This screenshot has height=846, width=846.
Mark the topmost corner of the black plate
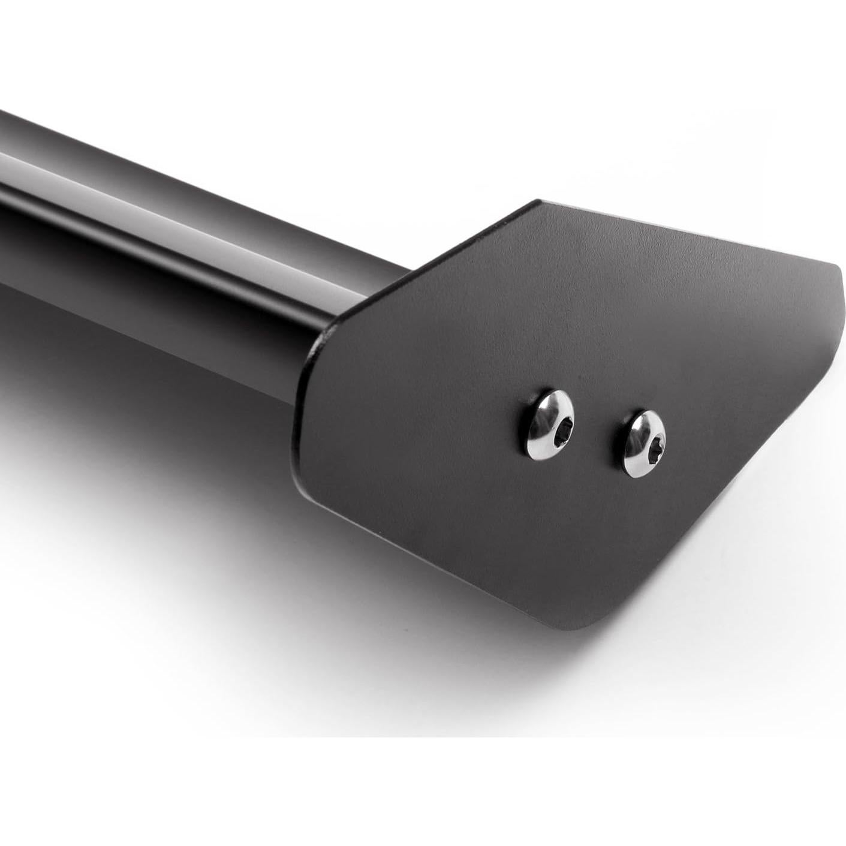(x=538, y=201)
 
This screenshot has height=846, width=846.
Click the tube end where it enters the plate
(x=324, y=336)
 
